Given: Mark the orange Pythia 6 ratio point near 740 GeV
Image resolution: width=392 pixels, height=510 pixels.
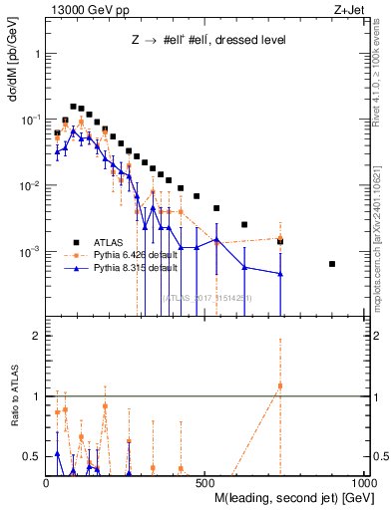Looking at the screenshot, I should click(280, 385).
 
